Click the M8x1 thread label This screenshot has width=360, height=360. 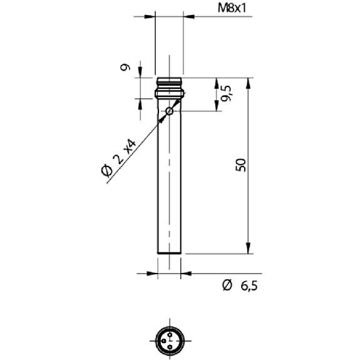[x=232, y=9]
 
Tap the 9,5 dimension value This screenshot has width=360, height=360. [x=226, y=93]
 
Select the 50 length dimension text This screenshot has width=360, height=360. [x=240, y=165]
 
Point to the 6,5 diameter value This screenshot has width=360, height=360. [x=249, y=286]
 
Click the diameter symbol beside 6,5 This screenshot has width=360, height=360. [x=227, y=285]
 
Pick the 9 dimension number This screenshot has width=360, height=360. [x=125, y=67]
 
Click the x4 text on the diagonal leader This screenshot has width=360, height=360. [x=130, y=147]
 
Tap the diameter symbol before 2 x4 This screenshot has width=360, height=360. [x=107, y=170]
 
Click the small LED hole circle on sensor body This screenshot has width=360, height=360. [x=170, y=111]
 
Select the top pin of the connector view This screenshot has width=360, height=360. [x=170, y=335]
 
